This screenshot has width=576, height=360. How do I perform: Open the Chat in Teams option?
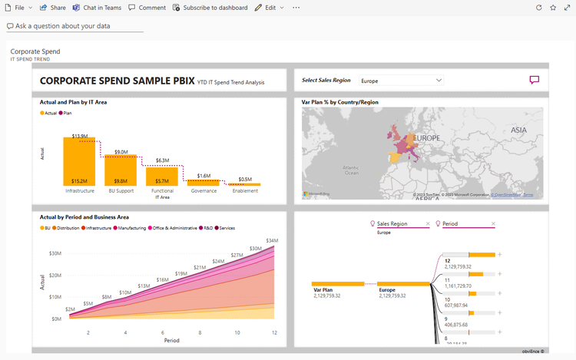[97, 7]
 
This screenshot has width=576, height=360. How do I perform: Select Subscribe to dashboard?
[210, 7]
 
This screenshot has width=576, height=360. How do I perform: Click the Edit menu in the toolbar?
[270, 7]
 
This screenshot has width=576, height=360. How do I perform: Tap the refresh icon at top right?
[539, 7]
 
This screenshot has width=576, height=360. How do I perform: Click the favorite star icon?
[553, 7]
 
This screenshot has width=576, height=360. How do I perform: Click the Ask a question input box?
[74, 26]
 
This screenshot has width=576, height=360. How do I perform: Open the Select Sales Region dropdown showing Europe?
[401, 80]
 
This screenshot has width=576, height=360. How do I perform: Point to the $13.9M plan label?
[79, 136]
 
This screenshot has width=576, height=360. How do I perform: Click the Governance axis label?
[204, 191]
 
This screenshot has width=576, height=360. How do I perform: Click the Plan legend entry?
[67, 113]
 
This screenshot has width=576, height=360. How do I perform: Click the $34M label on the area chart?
[272, 241]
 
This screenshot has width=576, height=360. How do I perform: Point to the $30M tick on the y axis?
[55, 253]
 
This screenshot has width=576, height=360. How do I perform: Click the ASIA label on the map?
[518, 130]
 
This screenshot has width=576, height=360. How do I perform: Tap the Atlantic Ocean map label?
[351, 170]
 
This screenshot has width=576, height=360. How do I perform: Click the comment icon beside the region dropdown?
[535, 80]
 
